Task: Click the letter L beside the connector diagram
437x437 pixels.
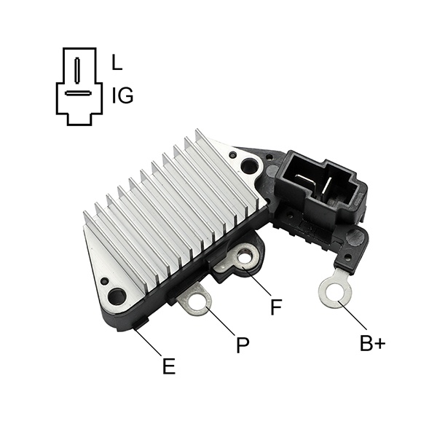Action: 117,62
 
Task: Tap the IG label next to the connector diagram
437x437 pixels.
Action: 122,95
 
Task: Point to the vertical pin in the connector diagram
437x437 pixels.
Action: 77,70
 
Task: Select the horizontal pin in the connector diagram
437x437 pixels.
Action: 78,93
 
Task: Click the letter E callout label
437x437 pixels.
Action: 169,366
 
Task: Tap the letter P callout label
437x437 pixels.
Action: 243,345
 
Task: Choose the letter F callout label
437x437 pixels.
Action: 276,307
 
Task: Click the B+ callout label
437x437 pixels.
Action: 373,343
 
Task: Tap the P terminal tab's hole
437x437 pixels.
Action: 198,302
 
